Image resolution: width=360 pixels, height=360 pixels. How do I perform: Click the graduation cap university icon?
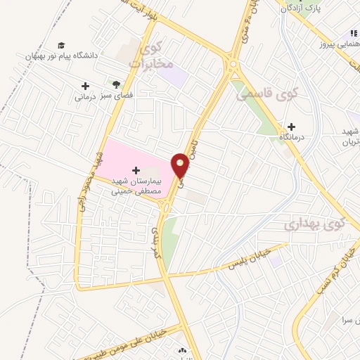click(x=61, y=44)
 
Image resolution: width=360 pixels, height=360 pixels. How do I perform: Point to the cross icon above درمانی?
click(x=85, y=86)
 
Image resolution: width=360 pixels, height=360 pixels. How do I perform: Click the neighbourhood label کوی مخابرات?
click(x=153, y=56)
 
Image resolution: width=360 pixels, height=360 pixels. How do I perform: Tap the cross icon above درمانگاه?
click(x=291, y=127)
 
